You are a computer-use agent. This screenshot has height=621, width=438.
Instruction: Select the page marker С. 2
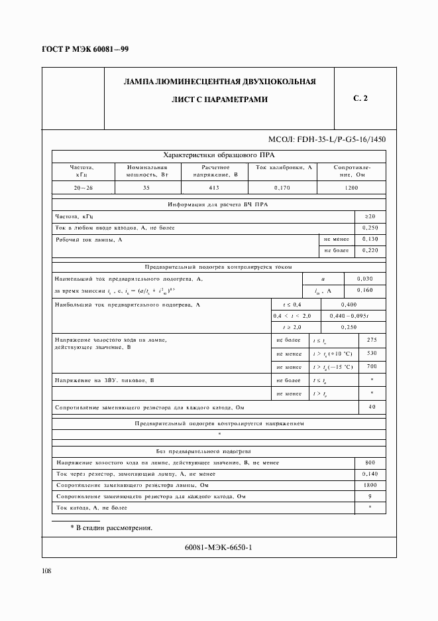click(360, 99)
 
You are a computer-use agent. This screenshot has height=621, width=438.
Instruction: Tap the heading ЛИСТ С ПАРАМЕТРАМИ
click(219, 100)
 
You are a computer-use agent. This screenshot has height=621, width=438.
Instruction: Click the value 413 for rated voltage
click(214, 188)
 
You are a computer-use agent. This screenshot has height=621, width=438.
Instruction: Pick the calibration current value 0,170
click(282, 188)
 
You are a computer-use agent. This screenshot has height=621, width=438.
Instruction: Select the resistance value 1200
click(351, 188)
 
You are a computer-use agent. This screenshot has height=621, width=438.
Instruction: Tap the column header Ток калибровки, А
click(282, 167)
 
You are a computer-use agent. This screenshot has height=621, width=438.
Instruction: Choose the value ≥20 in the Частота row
click(370, 216)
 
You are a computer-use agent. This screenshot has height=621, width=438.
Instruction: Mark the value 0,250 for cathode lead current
click(370, 228)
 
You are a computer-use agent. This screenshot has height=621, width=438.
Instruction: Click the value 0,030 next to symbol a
click(364, 279)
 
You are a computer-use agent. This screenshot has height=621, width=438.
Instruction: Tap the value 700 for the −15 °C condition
click(371, 366)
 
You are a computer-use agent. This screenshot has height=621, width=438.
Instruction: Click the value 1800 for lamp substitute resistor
click(370, 485)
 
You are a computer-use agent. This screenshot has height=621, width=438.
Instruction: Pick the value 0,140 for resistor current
click(370, 474)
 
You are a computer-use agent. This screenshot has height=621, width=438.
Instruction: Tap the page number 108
click(47, 571)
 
